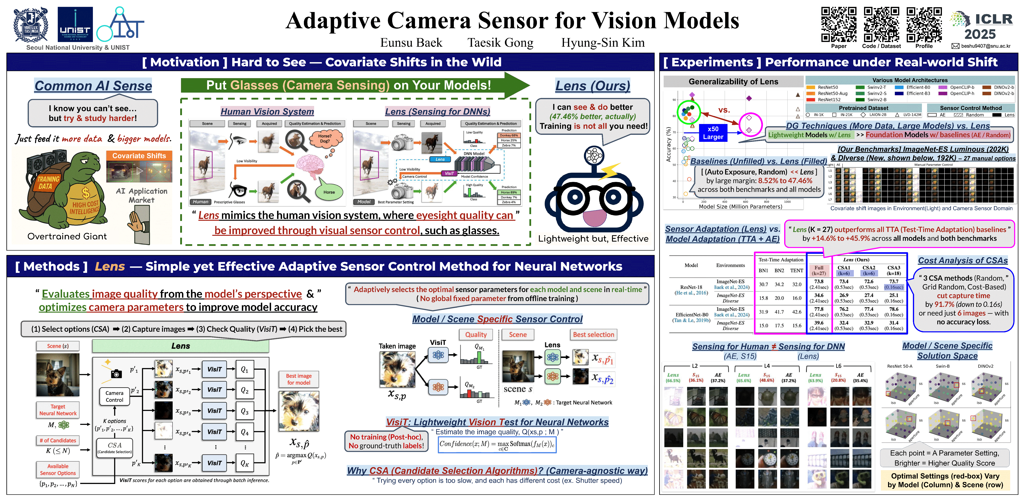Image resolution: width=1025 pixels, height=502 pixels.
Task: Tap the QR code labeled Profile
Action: [924, 25]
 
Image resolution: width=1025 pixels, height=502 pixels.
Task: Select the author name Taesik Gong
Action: [500, 43]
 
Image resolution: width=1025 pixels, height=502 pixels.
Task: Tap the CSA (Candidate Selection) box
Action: [115, 448]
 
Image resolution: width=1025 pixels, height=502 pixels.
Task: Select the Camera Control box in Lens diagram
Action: [115, 396]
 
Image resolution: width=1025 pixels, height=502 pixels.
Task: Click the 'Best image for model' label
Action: [299, 379]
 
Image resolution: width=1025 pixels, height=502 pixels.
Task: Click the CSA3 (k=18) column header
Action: [894, 270]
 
